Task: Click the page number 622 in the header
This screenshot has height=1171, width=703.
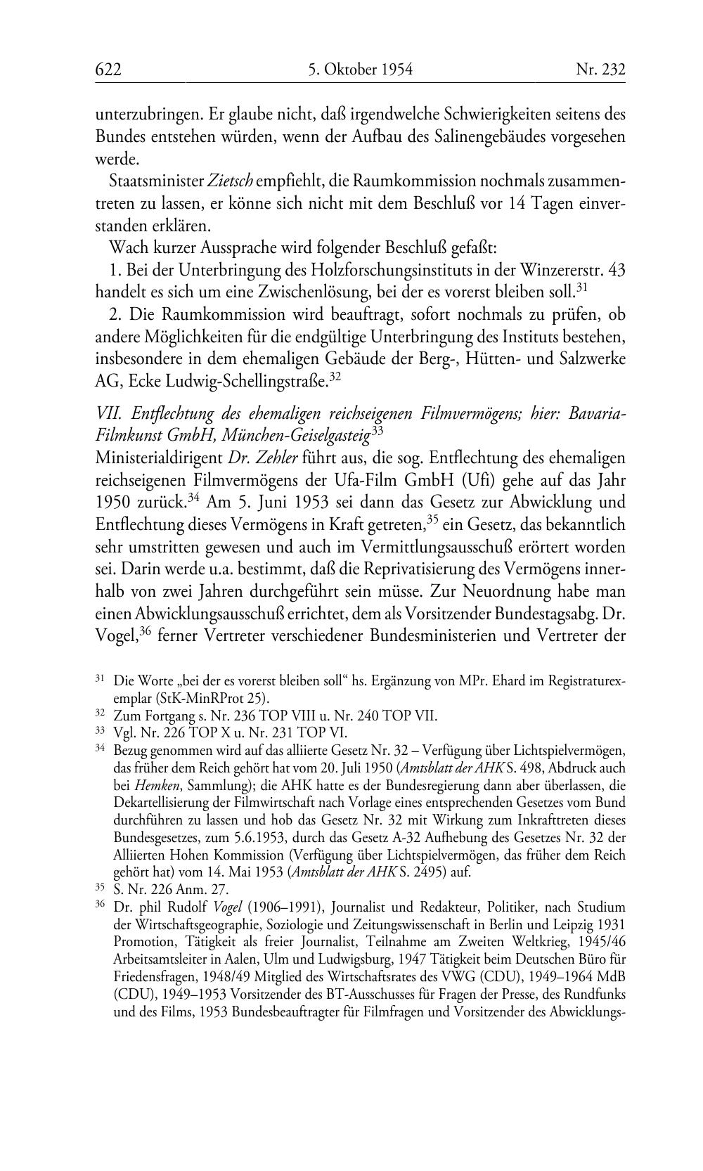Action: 108,69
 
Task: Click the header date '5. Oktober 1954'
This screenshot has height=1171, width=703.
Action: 360,69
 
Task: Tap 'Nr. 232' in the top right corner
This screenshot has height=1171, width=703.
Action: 600,69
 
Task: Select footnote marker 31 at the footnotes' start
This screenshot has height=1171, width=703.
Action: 101,680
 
